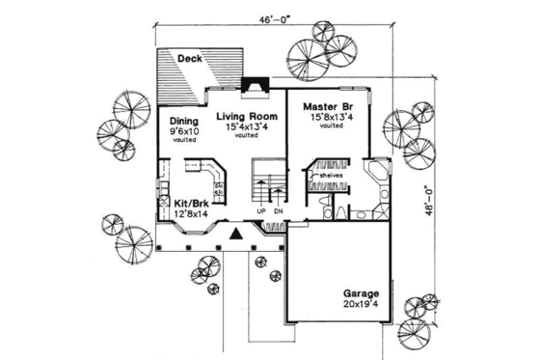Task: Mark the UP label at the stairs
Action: point(261,211)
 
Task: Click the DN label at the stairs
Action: point(279,211)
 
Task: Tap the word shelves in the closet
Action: point(331,176)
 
